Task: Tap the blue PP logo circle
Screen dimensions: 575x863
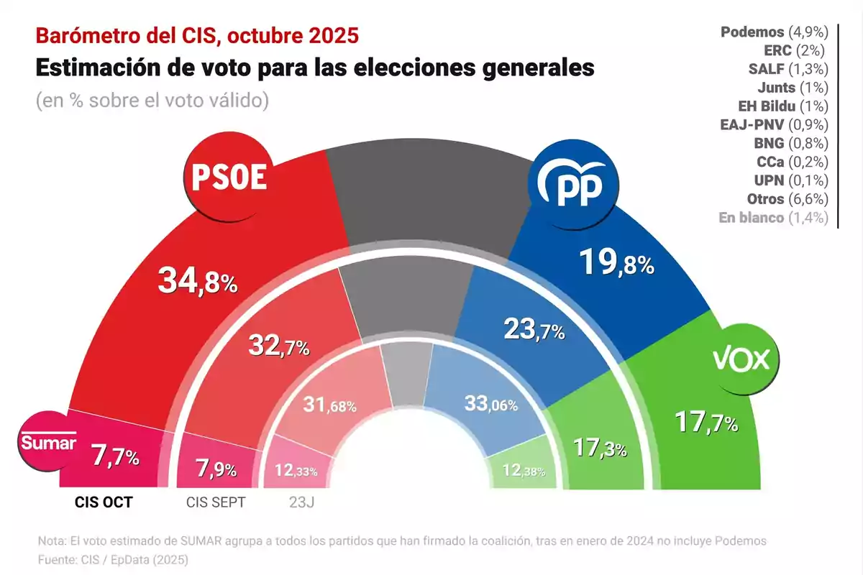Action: (574, 184)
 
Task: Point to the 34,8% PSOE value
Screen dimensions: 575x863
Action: (197, 280)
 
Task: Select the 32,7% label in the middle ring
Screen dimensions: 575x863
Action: (279, 347)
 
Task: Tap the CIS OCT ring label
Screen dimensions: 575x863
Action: (104, 502)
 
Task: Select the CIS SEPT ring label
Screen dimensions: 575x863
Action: (215, 502)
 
